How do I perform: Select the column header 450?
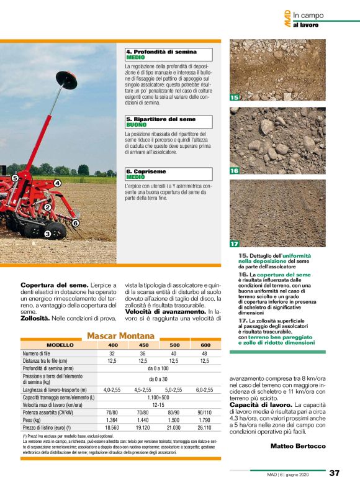(x=143, y=345)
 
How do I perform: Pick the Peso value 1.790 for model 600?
(x=205, y=420)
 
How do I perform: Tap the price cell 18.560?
(x=112, y=428)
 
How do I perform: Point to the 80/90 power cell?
(x=174, y=412)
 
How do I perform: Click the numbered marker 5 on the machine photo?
(x=15, y=178)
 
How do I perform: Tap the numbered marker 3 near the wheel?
(x=47, y=234)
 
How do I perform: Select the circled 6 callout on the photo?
(x=75, y=222)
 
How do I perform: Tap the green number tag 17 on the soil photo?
(x=234, y=244)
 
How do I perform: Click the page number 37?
(x=334, y=473)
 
